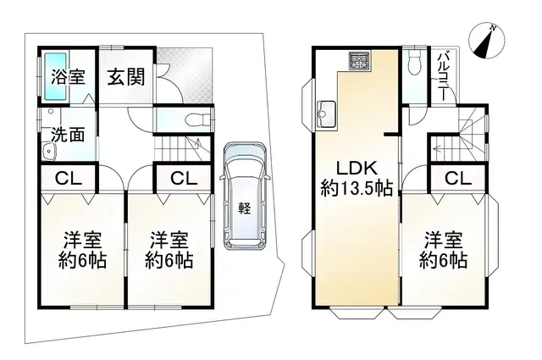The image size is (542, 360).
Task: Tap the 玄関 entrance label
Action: coord(124,75)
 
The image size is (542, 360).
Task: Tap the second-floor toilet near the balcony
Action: coord(414,64)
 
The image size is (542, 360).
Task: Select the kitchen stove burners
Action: coord(359,61)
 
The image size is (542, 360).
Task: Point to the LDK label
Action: coord(355,166)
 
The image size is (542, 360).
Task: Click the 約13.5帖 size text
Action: coord(356,188)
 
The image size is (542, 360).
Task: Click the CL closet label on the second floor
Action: coord(456,178)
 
